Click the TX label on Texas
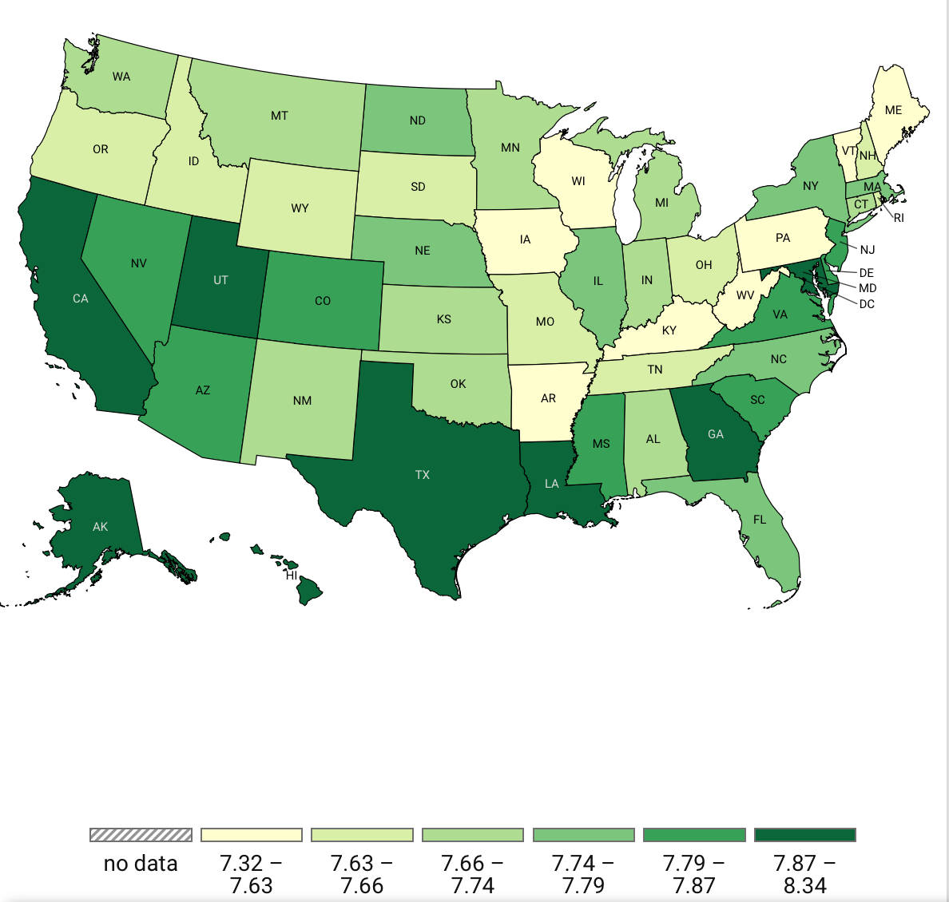point(423,475)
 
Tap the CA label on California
point(81,299)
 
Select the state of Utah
point(220,280)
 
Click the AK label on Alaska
point(100,527)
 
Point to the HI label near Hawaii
point(292,575)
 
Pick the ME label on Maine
point(893,110)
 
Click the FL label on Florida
point(760,520)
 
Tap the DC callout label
point(867,304)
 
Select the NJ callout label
point(868,250)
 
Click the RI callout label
point(899,218)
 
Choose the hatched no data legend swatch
point(141,835)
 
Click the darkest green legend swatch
point(805,835)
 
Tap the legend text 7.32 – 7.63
point(252,874)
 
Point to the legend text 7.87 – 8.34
point(805,874)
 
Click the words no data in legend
point(141,864)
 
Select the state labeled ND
point(417,121)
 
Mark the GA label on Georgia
point(716,434)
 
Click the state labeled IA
point(525,239)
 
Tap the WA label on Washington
point(121,77)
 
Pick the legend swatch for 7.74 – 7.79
point(584,835)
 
